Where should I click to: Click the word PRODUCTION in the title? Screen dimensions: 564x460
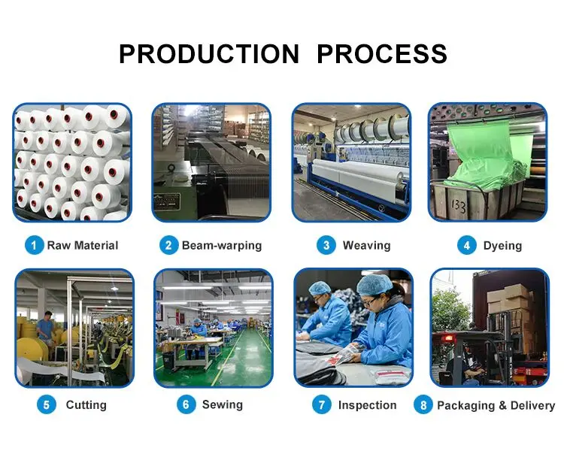(x=209, y=54)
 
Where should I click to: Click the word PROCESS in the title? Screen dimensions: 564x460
(x=382, y=54)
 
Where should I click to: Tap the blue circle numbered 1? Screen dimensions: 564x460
(x=34, y=245)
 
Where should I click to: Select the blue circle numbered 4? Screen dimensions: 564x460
(x=466, y=245)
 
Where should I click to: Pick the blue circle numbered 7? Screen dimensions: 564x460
(x=322, y=404)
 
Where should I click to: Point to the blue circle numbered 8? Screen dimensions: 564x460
(x=423, y=404)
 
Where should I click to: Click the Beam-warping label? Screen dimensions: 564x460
(x=222, y=246)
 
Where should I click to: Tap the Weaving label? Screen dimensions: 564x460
(x=366, y=245)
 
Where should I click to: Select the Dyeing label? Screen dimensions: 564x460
(x=502, y=246)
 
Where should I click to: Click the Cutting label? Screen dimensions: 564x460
(x=86, y=405)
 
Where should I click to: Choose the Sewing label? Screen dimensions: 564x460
(x=223, y=404)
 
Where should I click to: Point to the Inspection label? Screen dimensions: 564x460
(x=367, y=405)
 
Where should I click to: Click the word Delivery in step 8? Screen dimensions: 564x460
(x=532, y=406)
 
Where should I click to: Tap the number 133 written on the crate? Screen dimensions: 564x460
(x=458, y=206)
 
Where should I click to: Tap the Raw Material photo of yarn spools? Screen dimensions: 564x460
(x=72, y=162)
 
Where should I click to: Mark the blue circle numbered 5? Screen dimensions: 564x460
(x=47, y=404)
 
